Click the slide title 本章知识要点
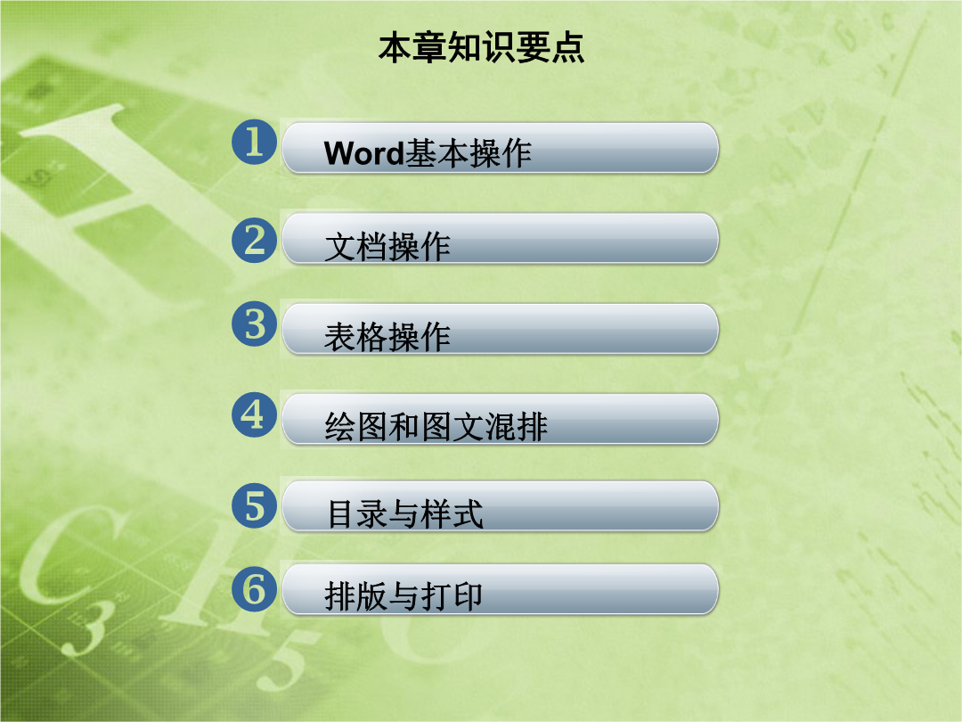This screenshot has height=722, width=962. pyautogui.click(x=481, y=48)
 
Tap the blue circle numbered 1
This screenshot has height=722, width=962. pyautogui.click(x=254, y=142)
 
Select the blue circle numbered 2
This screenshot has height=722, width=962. pyautogui.click(x=254, y=240)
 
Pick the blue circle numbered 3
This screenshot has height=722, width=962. pyautogui.click(x=254, y=324)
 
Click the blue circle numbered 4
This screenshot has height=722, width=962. pyautogui.click(x=254, y=414)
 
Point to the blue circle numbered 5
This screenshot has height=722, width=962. pyautogui.click(x=254, y=506)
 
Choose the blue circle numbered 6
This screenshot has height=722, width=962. pyautogui.click(x=254, y=589)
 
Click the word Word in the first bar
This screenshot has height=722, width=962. pyautogui.click(x=363, y=153)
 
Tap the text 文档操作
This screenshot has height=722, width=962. pyautogui.click(x=387, y=247)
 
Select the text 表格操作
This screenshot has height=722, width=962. pyautogui.click(x=387, y=337)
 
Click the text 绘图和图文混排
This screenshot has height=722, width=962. pyautogui.click(x=436, y=427)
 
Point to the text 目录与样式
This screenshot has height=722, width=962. pyautogui.click(x=405, y=514)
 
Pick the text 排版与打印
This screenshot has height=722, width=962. pyautogui.click(x=404, y=596)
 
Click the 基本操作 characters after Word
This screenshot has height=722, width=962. pyautogui.click(x=469, y=153)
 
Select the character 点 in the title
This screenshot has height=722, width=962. pyautogui.click(x=567, y=48)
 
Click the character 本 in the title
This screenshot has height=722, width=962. pyautogui.click(x=395, y=48)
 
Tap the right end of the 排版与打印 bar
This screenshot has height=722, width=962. pyautogui.click(x=716, y=589)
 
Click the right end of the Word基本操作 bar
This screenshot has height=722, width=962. pyautogui.click(x=716, y=147)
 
